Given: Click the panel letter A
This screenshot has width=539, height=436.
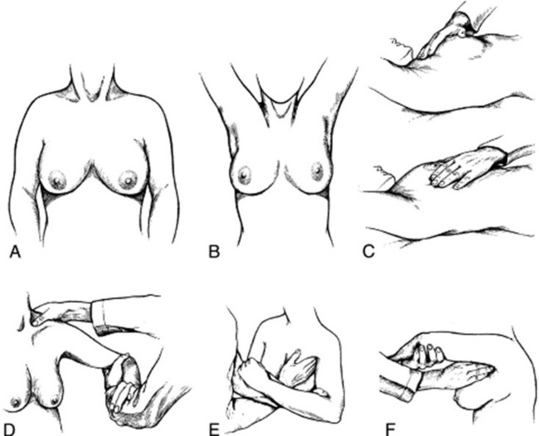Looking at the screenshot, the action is [16, 252].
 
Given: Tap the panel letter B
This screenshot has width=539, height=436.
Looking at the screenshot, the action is [214, 252].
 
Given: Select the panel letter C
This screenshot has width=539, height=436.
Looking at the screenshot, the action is [368, 252].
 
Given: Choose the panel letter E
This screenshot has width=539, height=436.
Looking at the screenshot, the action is [214, 430].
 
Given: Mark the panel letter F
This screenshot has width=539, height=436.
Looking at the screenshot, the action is [391, 430].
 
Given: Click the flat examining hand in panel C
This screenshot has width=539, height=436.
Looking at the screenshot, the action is [457, 170].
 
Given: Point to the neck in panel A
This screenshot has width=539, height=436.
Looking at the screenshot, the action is [92, 82].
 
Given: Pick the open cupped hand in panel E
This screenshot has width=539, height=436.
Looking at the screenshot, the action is [299, 370].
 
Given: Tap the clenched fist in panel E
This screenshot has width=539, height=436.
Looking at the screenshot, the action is [248, 371].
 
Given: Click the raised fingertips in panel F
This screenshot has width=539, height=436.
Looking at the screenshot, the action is [428, 354].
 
